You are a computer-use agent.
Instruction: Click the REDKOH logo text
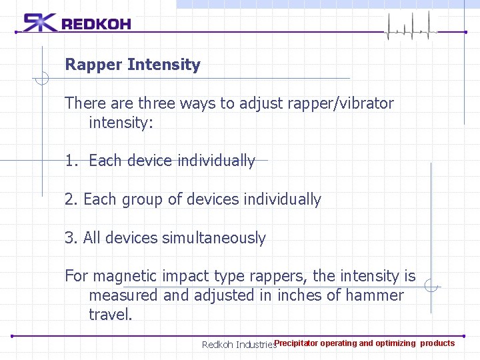[x=96, y=25]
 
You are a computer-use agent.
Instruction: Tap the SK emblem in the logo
[x=41, y=23]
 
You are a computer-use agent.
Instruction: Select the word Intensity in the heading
[x=163, y=65]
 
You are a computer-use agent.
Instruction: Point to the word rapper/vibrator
[x=345, y=103]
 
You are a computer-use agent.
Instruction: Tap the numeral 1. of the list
[x=72, y=161]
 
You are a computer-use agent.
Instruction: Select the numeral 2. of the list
[x=71, y=199]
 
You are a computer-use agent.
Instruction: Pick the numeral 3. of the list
[x=71, y=238]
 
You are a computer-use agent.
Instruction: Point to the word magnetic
[x=124, y=276]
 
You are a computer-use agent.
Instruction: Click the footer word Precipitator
[x=297, y=343]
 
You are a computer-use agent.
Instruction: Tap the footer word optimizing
[x=395, y=343]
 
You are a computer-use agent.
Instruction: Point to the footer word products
[x=437, y=343]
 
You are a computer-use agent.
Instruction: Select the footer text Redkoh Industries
[x=239, y=345]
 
